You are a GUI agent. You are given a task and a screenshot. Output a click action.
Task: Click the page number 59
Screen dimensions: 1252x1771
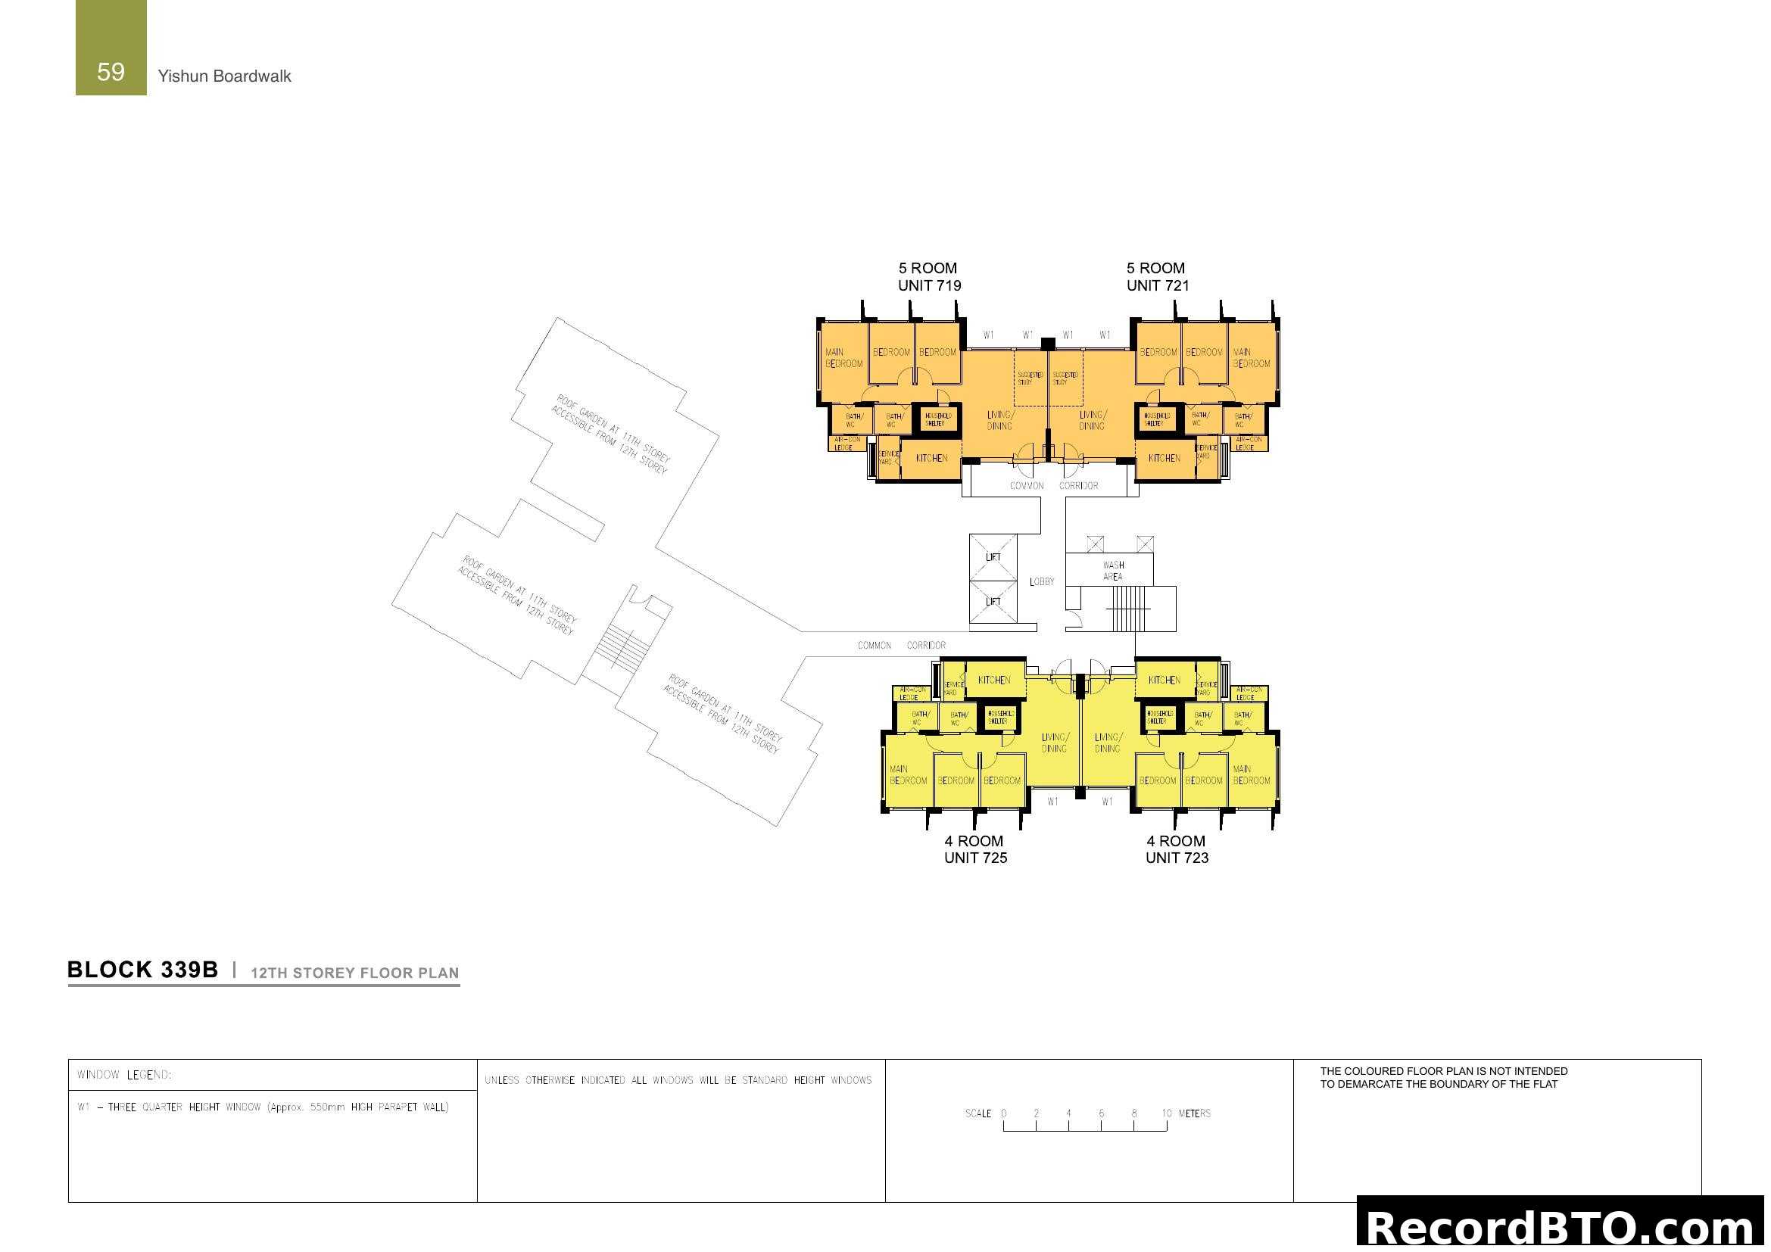(111, 72)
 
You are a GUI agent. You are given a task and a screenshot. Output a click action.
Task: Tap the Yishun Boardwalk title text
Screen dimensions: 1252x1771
(223, 76)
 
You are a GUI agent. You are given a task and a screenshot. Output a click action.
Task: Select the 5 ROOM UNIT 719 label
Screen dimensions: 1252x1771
(929, 277)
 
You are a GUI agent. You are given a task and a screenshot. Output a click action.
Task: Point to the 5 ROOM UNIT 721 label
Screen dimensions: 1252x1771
(1157, 277)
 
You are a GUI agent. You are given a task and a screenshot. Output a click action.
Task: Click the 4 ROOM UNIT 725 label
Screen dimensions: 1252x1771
(975, 849)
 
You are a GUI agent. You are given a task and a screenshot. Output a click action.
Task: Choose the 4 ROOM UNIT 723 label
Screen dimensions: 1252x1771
(1177, 849)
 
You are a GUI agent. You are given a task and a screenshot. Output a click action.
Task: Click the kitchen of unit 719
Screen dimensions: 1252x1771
(931, 459)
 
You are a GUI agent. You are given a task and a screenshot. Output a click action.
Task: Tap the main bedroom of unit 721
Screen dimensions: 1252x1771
(1250, 359)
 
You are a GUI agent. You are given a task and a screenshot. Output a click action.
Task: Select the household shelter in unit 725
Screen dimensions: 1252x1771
(999, 717)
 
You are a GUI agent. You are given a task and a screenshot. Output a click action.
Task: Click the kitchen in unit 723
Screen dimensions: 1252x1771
(1164, 680)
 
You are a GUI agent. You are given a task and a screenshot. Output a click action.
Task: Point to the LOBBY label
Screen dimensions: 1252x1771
(1041, 581)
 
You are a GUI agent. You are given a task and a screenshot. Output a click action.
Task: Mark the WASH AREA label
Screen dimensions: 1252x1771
(1112, 571)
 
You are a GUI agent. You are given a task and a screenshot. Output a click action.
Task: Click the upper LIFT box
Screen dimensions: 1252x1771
(993, 557)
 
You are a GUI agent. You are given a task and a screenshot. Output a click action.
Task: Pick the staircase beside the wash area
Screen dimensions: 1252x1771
(1128, 609)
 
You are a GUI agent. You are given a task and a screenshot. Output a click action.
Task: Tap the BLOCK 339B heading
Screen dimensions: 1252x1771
(142, 970)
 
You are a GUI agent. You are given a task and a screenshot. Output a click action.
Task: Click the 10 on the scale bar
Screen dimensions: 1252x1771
(1166, 1113)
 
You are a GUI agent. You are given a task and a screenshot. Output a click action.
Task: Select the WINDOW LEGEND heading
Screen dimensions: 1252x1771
(124, 1075)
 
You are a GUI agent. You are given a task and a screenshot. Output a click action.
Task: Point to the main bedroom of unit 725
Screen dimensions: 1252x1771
(908, 775)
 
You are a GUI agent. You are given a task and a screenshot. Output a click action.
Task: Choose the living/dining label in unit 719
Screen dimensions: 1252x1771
(999, 420)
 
